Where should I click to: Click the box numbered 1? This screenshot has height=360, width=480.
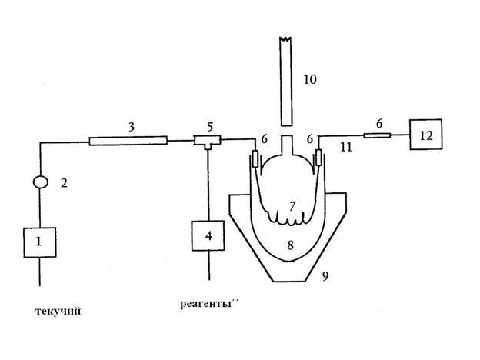40,242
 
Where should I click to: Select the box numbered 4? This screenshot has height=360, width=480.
208,235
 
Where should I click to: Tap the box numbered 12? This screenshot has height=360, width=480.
426,135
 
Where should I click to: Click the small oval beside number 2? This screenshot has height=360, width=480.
41,182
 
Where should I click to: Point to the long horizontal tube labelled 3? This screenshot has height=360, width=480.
128,141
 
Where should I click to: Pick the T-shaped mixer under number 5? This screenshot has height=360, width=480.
208,141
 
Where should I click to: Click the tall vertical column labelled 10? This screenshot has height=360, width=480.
285,82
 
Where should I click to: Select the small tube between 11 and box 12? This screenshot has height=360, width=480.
377,135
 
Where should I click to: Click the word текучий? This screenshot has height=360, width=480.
58,312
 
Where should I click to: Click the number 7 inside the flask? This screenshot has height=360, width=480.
292,206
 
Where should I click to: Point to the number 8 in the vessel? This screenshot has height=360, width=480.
291,245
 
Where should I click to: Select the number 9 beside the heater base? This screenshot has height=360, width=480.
325,276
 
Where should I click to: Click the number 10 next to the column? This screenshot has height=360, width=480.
310,79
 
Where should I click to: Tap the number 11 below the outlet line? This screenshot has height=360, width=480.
346,148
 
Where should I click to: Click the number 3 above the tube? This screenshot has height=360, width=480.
132,127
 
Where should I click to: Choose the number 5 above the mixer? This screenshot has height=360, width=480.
210,127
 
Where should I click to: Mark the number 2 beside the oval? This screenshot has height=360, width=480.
64,183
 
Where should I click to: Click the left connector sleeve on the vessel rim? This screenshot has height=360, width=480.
255,158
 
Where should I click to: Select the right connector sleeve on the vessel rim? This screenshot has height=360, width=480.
318,158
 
